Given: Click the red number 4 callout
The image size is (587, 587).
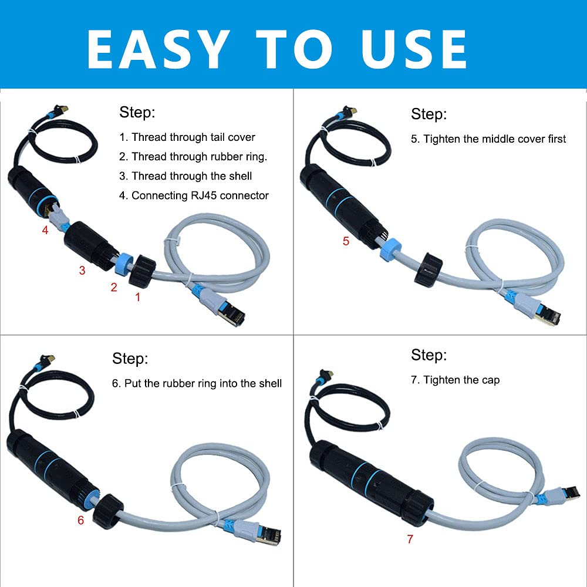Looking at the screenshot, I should [45, 230].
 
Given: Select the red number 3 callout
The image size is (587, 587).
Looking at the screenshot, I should [82, 270].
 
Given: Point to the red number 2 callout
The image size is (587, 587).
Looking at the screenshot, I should [114, 286].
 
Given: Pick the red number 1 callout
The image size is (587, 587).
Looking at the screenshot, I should [138, 297].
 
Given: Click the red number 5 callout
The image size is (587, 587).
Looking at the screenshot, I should [346, 241].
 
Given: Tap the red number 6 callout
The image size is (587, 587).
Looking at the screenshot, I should [80, 520].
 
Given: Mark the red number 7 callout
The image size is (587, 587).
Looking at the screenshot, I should [410, 539].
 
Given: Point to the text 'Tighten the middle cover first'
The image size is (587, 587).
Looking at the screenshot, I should [488, 139].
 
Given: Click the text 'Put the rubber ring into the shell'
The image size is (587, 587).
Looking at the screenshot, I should [197, 383].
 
